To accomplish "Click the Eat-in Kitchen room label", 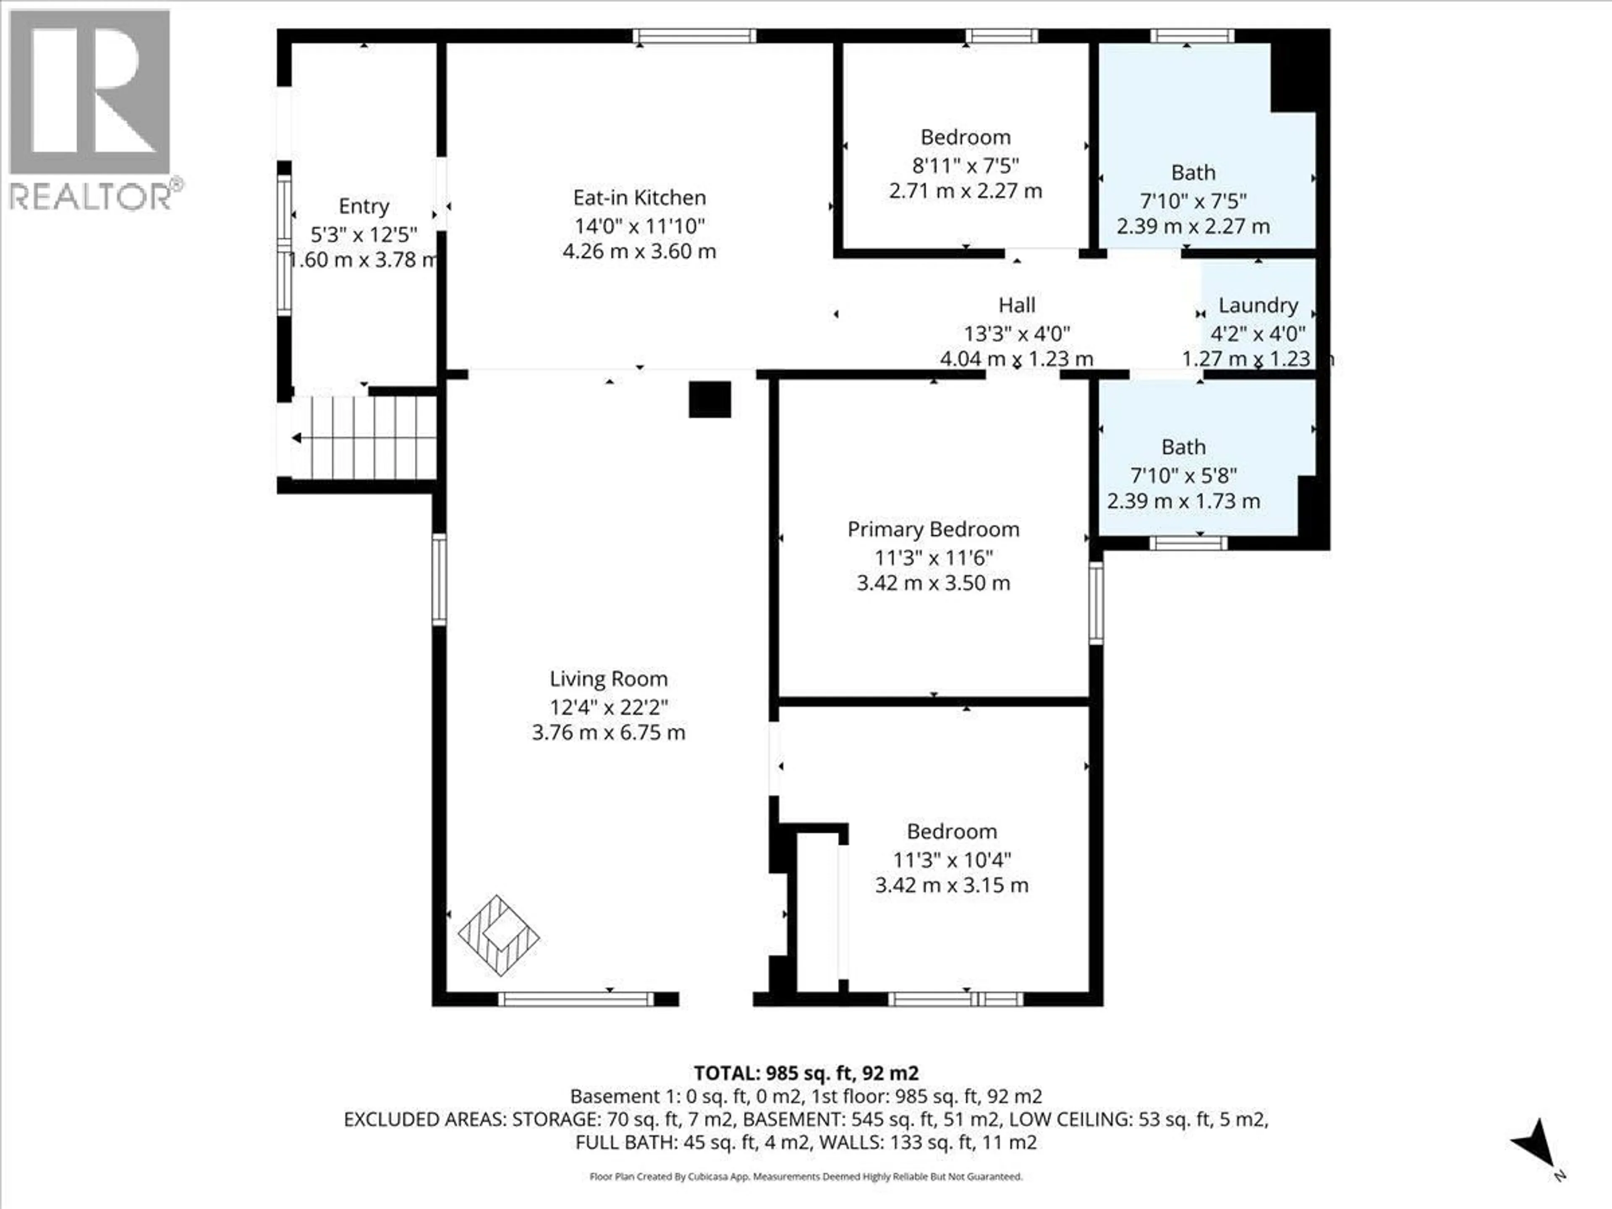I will pos(639,197).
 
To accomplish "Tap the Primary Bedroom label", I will pos(933,529).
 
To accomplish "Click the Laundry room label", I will pos(1258,305).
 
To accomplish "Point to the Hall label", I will pos(1017,305).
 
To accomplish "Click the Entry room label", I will pos(364,206).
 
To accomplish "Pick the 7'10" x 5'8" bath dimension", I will pos(1183,475).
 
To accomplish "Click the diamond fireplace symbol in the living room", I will pos(498,935).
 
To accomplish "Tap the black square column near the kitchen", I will pos(710,399).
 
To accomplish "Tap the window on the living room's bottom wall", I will pos(576,999).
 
